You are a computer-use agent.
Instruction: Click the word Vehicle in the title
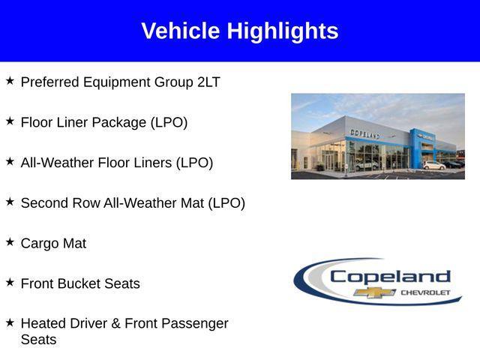point(181,31)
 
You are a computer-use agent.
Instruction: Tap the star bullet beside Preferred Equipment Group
point(10,80)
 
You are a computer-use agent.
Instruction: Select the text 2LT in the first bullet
point(208,82)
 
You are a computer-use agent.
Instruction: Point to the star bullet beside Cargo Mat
point(10,241)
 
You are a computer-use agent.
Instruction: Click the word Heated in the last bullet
point(43,324)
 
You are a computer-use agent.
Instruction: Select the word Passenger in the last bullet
point(193,324)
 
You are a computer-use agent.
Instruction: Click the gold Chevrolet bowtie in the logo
point(375,292)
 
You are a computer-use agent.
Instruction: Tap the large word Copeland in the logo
point(390,276)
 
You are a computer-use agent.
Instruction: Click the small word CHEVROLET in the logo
point(427,292)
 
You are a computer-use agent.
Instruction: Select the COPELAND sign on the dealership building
point(364,133)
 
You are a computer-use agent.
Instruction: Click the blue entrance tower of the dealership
point(417,147)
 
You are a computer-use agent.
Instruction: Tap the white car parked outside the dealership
point(433,165)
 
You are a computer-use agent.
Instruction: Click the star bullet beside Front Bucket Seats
point(10,282)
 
